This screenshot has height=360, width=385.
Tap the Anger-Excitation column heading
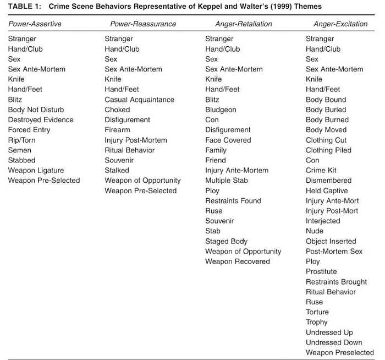[339, 24]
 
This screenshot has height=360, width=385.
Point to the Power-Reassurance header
[143, 24]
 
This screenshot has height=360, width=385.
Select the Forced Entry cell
[29, 130]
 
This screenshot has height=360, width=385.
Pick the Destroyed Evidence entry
[41, 119]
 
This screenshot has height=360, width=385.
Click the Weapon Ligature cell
[36, 170]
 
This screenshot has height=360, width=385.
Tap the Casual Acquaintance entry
[139, 100]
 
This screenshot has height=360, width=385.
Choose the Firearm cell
[117, 130]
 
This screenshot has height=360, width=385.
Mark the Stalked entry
[117, 170]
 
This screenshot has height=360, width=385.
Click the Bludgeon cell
[221, 110]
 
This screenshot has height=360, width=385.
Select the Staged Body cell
[227, 241]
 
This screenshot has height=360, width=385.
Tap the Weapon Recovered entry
[238, 261]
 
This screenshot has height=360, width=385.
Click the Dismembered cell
[328, 181]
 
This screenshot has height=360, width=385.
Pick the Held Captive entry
[327, 190]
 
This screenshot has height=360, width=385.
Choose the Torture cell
[318, 312]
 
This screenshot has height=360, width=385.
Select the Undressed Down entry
[334, 342]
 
